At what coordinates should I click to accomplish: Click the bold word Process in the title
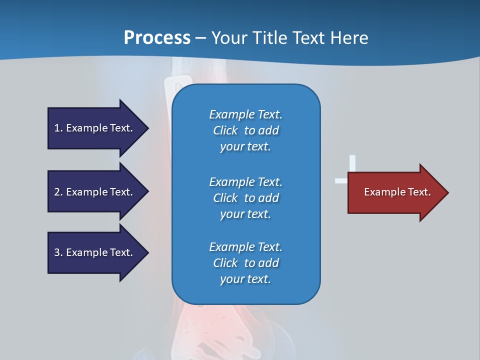pyautogui.click(x=157, y=38)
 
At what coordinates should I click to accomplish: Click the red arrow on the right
pyautogui.click(x=397, y=192)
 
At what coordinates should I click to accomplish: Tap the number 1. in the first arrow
pyautogui.click(x=58, y=128)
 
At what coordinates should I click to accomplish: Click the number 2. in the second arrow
pyautogui.click(x=58, y=192)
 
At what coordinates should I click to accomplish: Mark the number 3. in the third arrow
pyautogui.click(x=58, y=252)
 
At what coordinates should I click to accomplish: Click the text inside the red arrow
pyautogui.click(x=397, y=192)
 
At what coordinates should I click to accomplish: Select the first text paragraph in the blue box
pyautogui.click(x=245, y=130)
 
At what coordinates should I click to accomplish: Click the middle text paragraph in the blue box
pyautogui.click(x=245, y=198)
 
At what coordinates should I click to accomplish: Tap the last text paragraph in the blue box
pyautogui.click(x=245, y=263)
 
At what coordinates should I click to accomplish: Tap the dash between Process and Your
pyautogui.click(x=200, y=38)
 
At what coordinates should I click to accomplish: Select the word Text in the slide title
pyautogui.click(x=306, y=38)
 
